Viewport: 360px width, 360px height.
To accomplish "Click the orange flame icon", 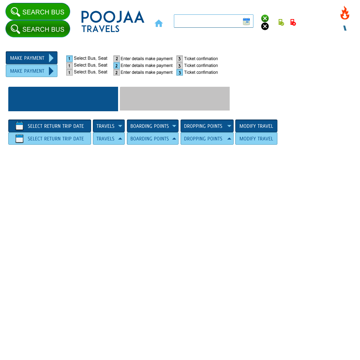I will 345,13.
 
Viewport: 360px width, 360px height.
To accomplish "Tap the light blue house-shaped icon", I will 159,23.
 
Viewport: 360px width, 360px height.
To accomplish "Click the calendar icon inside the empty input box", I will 246,22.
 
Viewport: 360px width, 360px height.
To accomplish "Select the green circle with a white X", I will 265,18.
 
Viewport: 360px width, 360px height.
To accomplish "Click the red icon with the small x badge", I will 293,23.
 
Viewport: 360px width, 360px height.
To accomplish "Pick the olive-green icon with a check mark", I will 281,23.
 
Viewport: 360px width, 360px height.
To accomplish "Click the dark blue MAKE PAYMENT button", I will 32,58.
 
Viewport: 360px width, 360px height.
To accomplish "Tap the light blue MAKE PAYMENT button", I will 32,71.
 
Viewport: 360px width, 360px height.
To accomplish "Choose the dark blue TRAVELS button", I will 109,126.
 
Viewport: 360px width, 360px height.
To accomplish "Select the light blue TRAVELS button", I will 109,139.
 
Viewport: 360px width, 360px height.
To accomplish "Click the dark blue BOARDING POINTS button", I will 153,126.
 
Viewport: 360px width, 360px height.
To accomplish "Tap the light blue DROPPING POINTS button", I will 207,139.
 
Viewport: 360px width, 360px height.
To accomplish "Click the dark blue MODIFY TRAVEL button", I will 256,126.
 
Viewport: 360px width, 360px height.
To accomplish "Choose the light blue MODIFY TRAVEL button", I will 256,139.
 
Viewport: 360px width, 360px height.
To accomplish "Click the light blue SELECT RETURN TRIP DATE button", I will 50,139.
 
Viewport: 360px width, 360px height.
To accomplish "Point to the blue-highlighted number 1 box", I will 69,59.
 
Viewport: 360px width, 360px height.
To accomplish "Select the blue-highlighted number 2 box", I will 117,66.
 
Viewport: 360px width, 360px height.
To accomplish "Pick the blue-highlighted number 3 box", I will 180,73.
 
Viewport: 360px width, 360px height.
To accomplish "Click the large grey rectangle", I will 175,99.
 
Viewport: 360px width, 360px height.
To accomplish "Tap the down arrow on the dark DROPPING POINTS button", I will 229,126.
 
